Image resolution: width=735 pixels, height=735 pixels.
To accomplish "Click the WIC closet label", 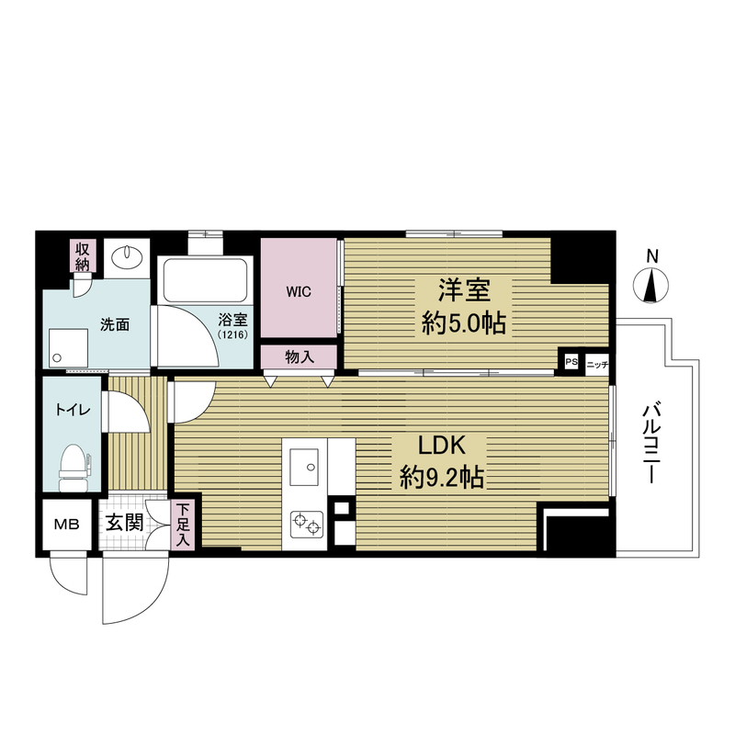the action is (x=299, y=292).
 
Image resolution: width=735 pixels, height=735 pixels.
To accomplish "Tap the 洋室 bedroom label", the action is (x=464, y=290).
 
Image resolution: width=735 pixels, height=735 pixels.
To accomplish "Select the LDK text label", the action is (x=442, y=445).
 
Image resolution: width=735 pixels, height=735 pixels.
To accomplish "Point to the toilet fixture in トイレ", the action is (x=73, y=468).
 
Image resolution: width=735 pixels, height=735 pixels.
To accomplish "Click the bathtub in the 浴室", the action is (x=205, y=280).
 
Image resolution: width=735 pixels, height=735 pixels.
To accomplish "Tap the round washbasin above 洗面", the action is (x=127, y=254).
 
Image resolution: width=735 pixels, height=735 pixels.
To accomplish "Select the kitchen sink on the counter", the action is (x=304, y=467).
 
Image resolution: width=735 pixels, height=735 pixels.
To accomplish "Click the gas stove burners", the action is (x=307, y=525).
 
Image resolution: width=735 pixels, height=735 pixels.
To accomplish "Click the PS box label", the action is (x=571, y=362).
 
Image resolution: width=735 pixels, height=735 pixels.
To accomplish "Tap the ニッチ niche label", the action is (x=597, y=364).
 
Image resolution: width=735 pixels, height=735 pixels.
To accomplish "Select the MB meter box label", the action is (x=66, y=524).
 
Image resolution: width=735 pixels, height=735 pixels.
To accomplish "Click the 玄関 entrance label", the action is (x=124, y=522).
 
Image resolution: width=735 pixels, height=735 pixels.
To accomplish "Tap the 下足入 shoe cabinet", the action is (x=183, y=524).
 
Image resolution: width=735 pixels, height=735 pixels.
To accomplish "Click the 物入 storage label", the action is (x=300, y=357).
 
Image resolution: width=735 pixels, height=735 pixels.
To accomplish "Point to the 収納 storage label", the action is (x=83, y=256).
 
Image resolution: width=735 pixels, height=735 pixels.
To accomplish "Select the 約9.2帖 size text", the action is (x=442, y=478).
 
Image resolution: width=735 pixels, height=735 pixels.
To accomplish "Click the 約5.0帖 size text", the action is (x=464, y=323).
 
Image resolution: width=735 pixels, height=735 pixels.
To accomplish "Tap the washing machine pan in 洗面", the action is (x=68, y=348).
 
